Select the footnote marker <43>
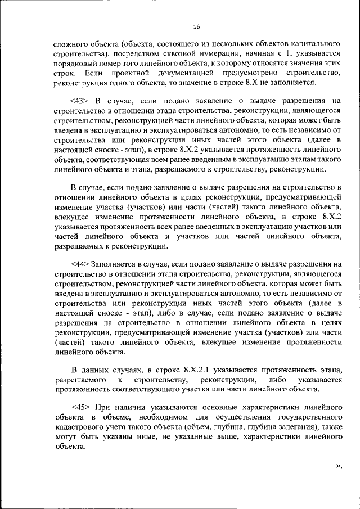pos(80,101)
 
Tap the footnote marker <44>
pos(80,264)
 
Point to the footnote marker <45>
pos(80,407)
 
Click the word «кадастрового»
pos(79,427)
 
